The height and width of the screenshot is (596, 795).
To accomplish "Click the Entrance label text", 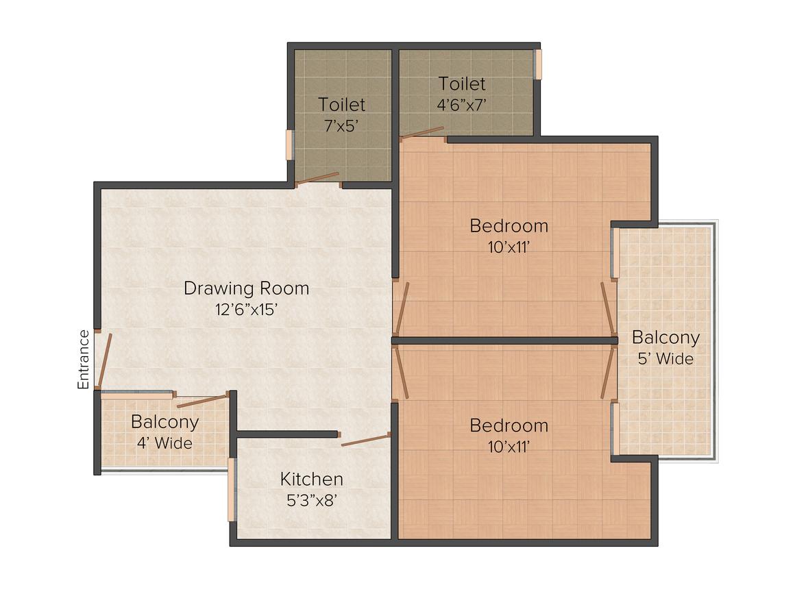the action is (83, 360).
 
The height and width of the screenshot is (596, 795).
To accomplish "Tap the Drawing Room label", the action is (247, 288).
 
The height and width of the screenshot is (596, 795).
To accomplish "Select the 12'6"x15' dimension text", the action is (246, 309).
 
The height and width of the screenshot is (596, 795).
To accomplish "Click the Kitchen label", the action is (311, 479).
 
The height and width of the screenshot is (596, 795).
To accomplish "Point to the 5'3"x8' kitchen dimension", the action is (312, 501).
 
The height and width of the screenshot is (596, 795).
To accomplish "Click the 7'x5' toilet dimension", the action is (341, 125).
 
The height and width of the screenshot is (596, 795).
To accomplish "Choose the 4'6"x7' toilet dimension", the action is (461, 104).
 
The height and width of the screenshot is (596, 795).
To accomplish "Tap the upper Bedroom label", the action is (509, 225).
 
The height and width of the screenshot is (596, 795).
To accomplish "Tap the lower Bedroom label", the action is (509, 425).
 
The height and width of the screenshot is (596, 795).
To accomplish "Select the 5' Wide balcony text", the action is (665, 359).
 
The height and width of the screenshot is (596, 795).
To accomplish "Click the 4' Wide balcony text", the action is (164, 443).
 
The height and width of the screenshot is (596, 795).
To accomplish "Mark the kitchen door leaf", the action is (365, 440).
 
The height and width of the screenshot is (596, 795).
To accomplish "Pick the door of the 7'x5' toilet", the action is (317, 178).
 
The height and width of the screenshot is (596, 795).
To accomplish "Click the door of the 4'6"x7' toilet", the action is (422, 132).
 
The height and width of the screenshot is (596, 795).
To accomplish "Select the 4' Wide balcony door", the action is (201, 400).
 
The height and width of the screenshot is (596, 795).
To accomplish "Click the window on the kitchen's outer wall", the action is (231, 490).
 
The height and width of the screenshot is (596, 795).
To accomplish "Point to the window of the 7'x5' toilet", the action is (289, 145).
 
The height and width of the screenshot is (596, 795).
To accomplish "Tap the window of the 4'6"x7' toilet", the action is (538, 64).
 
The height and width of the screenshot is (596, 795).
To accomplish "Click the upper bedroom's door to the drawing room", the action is (402, 308).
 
